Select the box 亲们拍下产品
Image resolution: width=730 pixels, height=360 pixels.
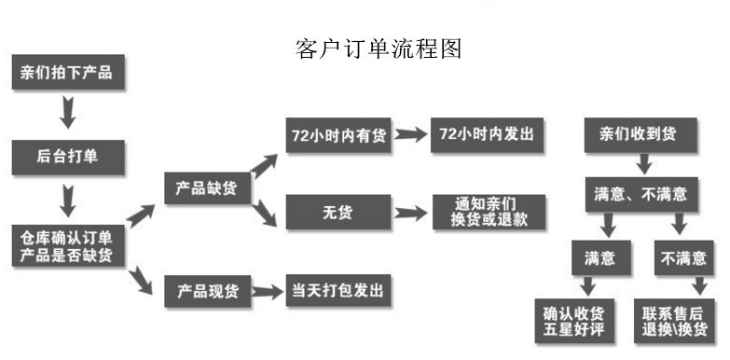point(66,74)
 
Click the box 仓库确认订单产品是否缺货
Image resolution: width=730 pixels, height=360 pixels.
point(66,246)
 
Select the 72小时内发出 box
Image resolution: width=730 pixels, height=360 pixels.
point(487,135)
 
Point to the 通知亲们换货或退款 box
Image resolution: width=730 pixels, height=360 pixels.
point(487,212)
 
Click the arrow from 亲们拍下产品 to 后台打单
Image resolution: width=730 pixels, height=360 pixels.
point(66,113)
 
